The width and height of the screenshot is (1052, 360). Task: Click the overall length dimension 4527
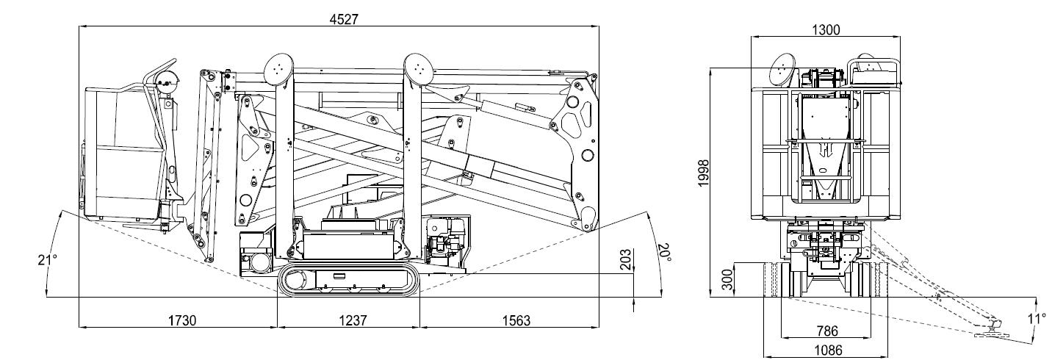pyautogui.click(x=343, y=20)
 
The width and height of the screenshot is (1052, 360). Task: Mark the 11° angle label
pyautogui.click(x=1036, y=318)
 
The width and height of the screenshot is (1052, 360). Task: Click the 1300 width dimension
pyautogui.click(x=826, y=29)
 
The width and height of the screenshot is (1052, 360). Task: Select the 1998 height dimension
pyautogui.click(x=704, y=173)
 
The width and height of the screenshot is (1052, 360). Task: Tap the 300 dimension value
pyautogui.click(x=727, y=279)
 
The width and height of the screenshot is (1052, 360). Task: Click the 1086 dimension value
pyautogui.click(x=826, y=350)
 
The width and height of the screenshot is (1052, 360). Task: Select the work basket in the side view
pyautogui.click(x=125, y=154)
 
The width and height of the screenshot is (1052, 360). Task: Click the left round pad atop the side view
pyautogui.click(x=278, y=68)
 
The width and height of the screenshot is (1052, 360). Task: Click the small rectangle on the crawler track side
pyautogui.click(x=339, y=276)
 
